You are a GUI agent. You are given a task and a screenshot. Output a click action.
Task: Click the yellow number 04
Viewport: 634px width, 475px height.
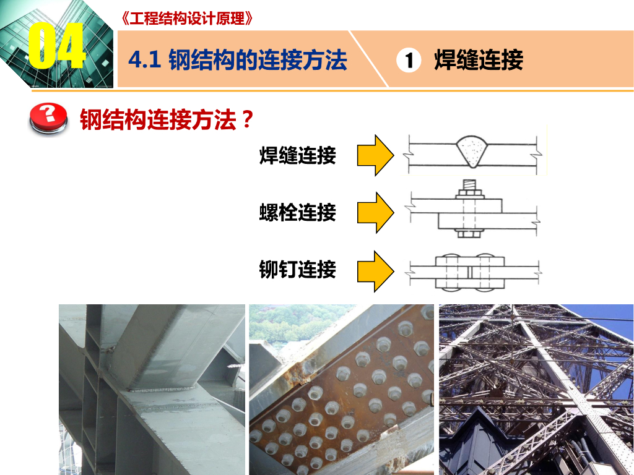57,46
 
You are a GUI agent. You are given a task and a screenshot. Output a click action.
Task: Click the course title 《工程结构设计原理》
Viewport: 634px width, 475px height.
186,18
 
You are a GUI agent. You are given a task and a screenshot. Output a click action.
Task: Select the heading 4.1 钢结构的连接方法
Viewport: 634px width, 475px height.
238,60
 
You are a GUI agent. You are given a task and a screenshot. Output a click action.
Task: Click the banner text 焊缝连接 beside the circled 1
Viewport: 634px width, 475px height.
479,60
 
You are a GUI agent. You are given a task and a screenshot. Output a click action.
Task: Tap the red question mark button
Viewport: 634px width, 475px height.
48,118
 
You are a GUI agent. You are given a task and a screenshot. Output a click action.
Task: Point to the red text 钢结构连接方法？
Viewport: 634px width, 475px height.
167,119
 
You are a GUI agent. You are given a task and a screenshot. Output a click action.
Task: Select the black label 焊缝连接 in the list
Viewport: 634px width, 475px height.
298,155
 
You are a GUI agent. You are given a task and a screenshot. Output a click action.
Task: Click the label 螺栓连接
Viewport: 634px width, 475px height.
298,213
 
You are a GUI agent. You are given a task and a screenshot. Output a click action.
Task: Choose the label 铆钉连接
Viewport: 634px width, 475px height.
298,270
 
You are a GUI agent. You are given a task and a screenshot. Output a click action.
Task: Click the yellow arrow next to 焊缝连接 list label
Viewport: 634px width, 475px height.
375,155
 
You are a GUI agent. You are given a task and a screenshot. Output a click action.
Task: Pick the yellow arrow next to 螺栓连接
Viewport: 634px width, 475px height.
375,213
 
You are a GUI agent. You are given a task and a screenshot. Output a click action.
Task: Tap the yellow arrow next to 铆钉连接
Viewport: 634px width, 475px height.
375,271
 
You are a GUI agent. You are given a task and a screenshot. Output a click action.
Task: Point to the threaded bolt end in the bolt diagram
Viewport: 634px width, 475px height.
469,185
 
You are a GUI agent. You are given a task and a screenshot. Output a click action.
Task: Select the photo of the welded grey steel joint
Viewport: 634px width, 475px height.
152,390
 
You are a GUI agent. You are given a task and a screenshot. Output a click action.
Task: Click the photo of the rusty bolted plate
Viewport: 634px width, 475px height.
341,390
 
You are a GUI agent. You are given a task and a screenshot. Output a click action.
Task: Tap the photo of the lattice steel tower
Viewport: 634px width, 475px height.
537,390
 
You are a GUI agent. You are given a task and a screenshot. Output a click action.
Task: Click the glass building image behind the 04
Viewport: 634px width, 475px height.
56,44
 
